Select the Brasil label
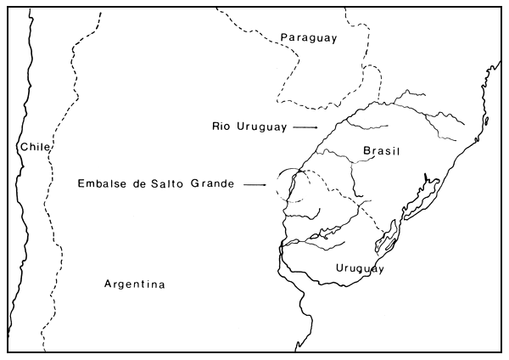[x=381, y=151]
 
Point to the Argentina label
[x=135, y=284]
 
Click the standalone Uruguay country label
[x=360, y=268]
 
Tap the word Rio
[x=222, y=126]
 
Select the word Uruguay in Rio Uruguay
[x=260, y=126]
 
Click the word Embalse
[x=100, y=183]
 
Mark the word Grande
[x=213, y=183]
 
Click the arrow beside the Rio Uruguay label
[x=304, y=127]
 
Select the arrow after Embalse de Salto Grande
[x=255, y=184]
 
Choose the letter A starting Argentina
[x=108, y=284]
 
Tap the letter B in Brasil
[x=366, y=151]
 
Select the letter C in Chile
[x=24, y=147]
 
